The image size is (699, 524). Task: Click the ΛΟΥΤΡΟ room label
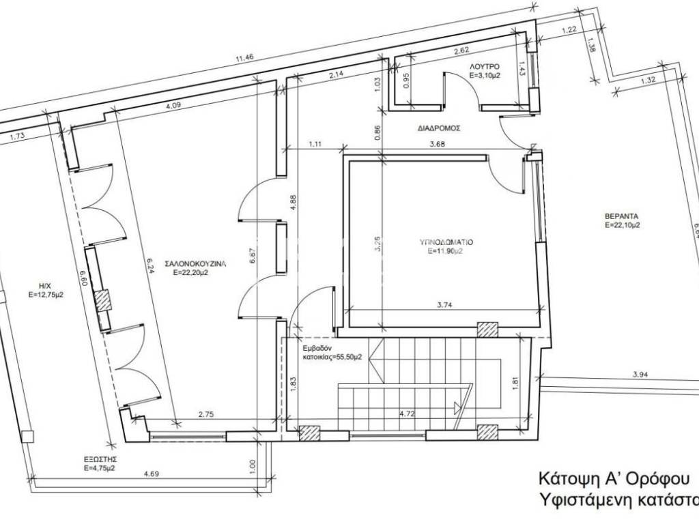(485, 66)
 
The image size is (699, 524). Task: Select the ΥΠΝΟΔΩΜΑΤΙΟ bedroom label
(446, 242)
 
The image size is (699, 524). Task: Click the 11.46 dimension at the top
(244, 59)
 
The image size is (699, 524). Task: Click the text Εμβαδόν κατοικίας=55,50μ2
(333, 351)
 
